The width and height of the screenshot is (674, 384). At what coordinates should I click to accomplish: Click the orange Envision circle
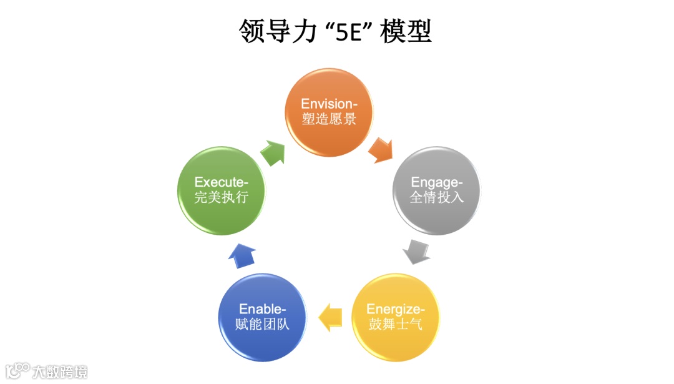tap(329, 112)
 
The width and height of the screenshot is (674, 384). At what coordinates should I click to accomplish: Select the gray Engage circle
tap(436, 190)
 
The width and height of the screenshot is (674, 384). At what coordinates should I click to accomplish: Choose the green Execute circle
tap(222, 190)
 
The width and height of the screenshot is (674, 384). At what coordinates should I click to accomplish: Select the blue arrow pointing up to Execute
tap(242, 255)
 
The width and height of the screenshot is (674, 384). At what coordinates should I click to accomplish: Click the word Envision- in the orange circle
tap(329, 104)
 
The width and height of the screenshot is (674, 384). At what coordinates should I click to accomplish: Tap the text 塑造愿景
tap(329, 119)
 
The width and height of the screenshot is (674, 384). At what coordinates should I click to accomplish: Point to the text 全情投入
tap(436, 198)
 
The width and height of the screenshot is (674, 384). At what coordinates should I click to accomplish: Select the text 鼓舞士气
tap(396, 325)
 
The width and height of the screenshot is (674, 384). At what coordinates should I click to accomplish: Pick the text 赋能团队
tap(262, 325)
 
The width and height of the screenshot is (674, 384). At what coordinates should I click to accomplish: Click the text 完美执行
tap(222, 198)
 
